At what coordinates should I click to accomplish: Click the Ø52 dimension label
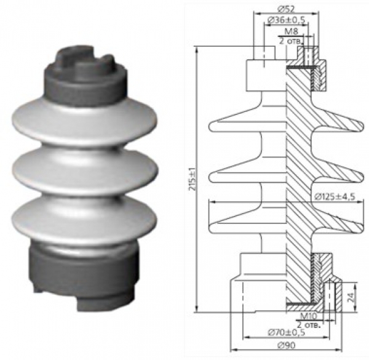click(286, 9)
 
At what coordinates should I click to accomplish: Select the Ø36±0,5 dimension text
click(287, 20)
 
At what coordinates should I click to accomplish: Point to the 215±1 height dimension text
click(193, 179)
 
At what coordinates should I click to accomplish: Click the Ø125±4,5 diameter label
click(335, 196)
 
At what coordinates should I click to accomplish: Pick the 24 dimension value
click(351, 297)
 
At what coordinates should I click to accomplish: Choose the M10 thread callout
click(309, 316)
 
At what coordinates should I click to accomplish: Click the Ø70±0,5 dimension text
click(287, 333)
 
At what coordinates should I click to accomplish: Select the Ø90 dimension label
click(286, 345)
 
